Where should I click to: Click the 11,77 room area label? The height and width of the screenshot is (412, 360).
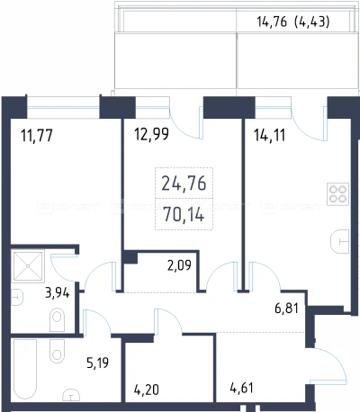click(x=37, y=135)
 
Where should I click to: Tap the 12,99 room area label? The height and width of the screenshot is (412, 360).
click(x=151, y=134)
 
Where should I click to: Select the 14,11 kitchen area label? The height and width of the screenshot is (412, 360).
click(x=270, y=135)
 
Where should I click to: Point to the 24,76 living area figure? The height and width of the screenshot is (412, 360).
click(x=184, y=184)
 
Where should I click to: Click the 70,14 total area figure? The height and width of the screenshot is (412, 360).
click(x=184, y=215)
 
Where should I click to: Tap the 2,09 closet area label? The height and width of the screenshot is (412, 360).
click(x=179, y=265)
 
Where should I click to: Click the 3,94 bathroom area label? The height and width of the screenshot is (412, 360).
click(x=58, y=292)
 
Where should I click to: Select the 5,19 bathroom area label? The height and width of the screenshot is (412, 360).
click(x=97, y=363)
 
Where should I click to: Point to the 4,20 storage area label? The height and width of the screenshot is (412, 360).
click(x=146, y=390)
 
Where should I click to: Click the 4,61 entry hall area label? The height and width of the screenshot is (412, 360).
click(x=242, y=388)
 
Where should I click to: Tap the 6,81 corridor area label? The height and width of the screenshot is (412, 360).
click(x=286, y=308)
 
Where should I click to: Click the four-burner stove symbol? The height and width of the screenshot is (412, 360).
click(x=338, y=193)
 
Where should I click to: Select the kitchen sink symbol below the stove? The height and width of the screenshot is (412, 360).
click(x=340, y=241)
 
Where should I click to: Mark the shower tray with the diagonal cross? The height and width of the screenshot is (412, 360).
click(x=28, y=265)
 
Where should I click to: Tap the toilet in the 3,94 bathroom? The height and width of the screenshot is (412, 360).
click(x=57, y=320)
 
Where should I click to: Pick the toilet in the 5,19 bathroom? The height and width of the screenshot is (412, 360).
click(x=57, y=351)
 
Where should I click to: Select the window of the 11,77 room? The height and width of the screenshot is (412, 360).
click(x=63, y=107)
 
